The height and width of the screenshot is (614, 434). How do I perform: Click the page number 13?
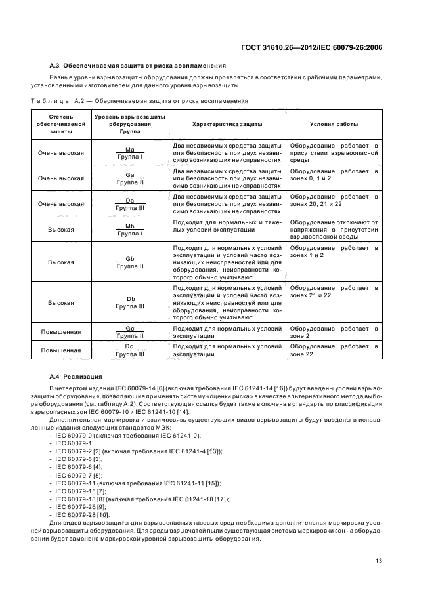click(379, 561)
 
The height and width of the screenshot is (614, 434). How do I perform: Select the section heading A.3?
click(138, 66)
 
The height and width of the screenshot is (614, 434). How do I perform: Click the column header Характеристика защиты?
click(227, 124)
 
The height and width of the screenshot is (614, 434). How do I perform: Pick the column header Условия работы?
click(334, 124)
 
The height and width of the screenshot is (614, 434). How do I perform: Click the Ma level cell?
click(130, 153)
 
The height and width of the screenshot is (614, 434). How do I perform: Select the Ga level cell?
click(130, 178)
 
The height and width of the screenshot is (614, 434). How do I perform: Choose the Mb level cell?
click(130, 230)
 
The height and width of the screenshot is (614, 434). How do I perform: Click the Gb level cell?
click(130, 262)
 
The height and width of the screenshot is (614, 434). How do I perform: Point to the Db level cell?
click(130, 302)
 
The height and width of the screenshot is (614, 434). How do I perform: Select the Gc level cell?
click(130, 332)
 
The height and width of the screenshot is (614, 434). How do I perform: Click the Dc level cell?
click(130, 350)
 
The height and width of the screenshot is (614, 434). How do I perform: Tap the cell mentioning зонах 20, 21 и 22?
click(334, 201)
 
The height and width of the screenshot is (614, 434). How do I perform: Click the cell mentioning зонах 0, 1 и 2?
click(334, 175)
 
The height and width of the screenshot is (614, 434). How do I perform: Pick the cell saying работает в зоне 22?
click(334, 350)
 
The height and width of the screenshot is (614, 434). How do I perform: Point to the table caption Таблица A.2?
click(139, 101)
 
